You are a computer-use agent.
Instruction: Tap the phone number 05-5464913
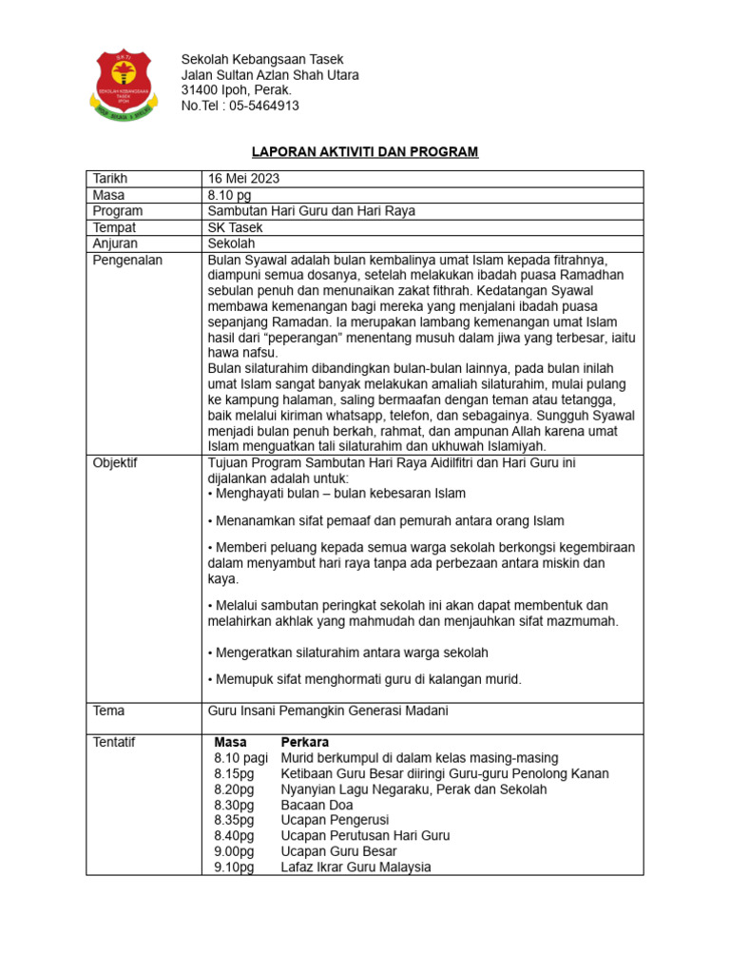(264, 106)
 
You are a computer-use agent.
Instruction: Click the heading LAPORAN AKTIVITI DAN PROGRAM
(364, 152)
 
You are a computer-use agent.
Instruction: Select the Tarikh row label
(109, 179)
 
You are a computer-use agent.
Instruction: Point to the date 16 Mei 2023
(243, 179)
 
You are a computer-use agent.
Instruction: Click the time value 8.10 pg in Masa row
(229, 195)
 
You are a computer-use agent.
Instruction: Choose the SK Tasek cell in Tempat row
(235, 227)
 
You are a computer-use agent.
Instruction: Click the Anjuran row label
(115, 243)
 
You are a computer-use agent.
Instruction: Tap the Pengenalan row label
(127, 260)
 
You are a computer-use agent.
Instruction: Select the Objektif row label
(115, 462)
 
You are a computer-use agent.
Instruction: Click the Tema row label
(108, 711)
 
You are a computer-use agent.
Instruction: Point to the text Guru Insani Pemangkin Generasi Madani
(328, 711)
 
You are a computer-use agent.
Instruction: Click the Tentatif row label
(115, 742)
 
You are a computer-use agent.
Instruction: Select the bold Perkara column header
(305, 742)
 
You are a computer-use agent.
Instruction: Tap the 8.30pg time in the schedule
(234, 805)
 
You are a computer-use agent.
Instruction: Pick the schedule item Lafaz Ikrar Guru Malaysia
(355, 867)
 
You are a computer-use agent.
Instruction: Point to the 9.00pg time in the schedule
(234, 851)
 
